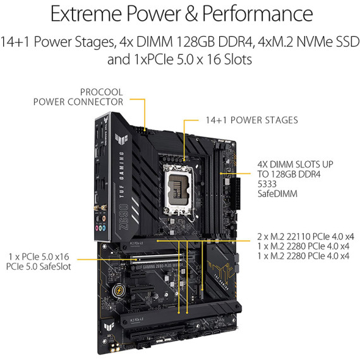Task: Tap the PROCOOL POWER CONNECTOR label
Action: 78,96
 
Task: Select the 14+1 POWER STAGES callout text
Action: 251,119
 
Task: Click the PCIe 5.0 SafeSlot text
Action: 39,267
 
